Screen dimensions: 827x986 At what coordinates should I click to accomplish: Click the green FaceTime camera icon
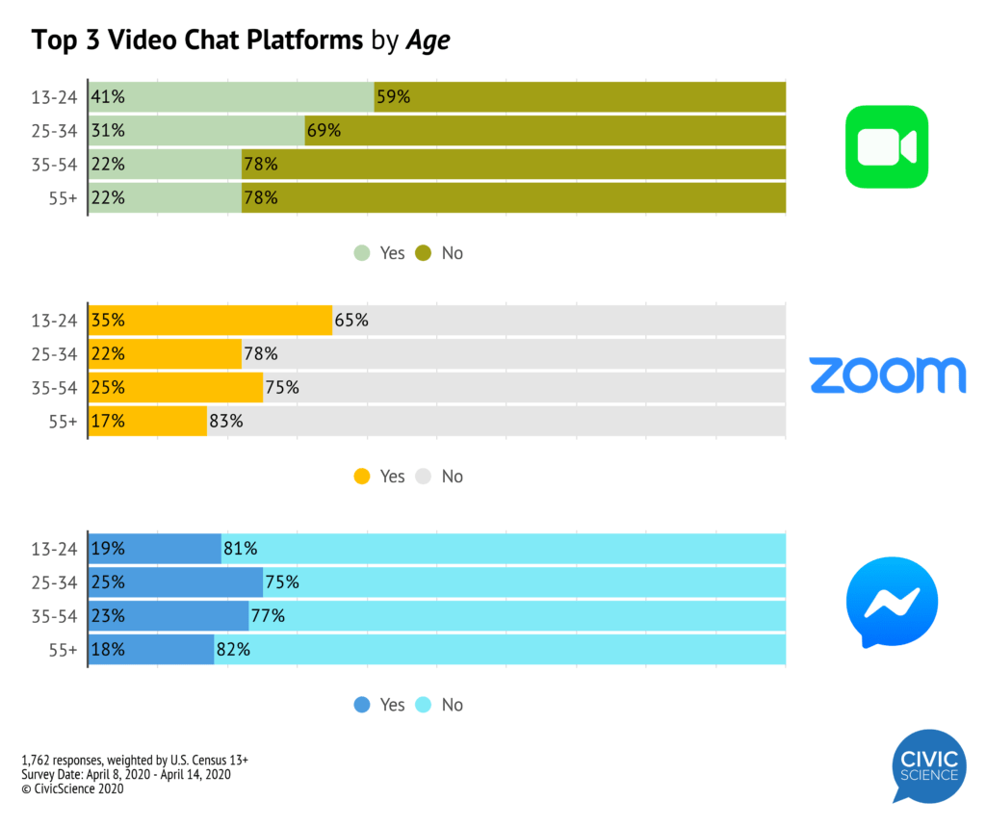[886, 146]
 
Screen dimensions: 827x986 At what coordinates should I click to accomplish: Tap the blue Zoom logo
[887, 374]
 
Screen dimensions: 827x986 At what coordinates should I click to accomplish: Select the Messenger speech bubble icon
[891, 602]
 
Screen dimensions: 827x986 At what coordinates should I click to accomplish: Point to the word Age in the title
[428, 40]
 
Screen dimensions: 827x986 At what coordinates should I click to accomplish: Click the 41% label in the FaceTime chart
[108, 96]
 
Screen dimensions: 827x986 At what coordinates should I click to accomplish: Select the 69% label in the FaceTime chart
[324, 130]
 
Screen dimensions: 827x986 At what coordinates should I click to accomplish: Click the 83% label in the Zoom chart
[227, 421]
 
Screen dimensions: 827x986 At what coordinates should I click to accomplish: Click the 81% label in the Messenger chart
[241, 549]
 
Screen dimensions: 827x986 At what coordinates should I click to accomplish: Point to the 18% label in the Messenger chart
[108, 649]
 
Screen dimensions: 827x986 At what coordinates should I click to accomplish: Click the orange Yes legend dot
[362, 477]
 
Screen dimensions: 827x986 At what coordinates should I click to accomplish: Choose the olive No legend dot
[423, 253]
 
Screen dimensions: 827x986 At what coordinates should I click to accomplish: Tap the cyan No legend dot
[423, 705]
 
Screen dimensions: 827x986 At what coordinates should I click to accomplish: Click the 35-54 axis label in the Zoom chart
[54, 388]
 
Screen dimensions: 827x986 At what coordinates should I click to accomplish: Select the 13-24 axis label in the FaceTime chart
[54, 96]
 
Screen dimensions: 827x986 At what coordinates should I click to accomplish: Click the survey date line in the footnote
[125, 774]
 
